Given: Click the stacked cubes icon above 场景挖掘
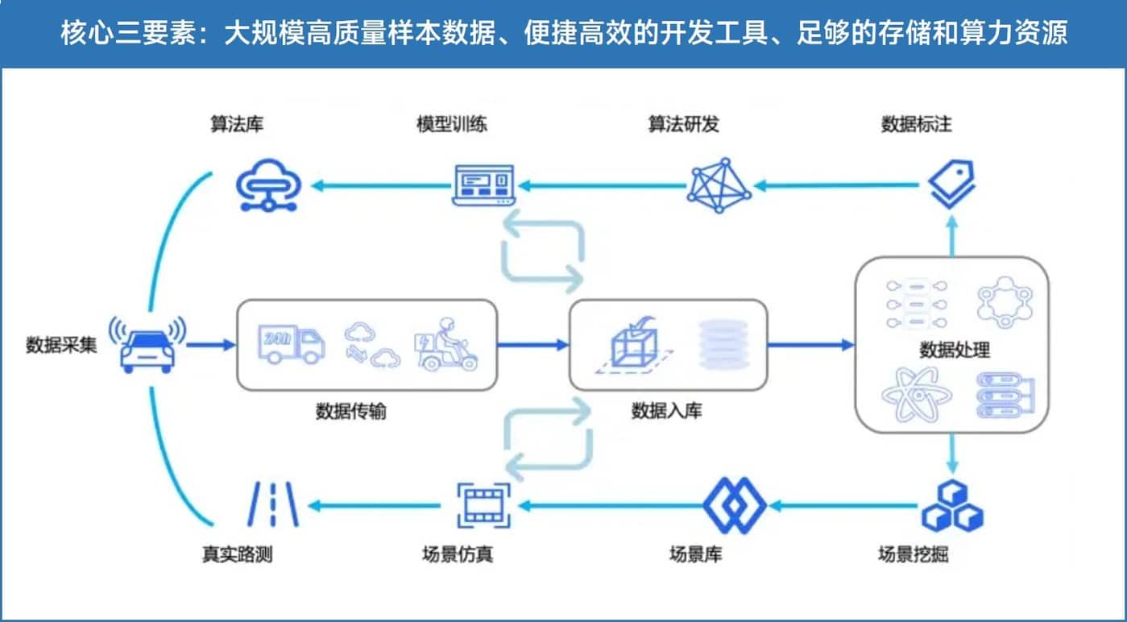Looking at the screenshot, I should pyautogui.click(x=952, y=506).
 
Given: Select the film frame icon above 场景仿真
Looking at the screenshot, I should pyautogui.click(x=483, y=506).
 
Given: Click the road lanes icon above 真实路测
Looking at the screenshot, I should pyautogui.click(x=271, y=506).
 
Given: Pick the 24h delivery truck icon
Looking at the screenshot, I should pyautogui.click(x=291, y=345).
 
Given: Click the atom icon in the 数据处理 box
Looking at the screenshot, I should pyautogui.click(x=916, y=394).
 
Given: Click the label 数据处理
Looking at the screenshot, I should pyautogui.click(x=955, y=350).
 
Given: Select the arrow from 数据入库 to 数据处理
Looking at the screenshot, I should pyautogui.click(x=810, y=345).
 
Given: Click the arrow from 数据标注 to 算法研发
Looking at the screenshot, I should pyautogui.click(x=838, y=185).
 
